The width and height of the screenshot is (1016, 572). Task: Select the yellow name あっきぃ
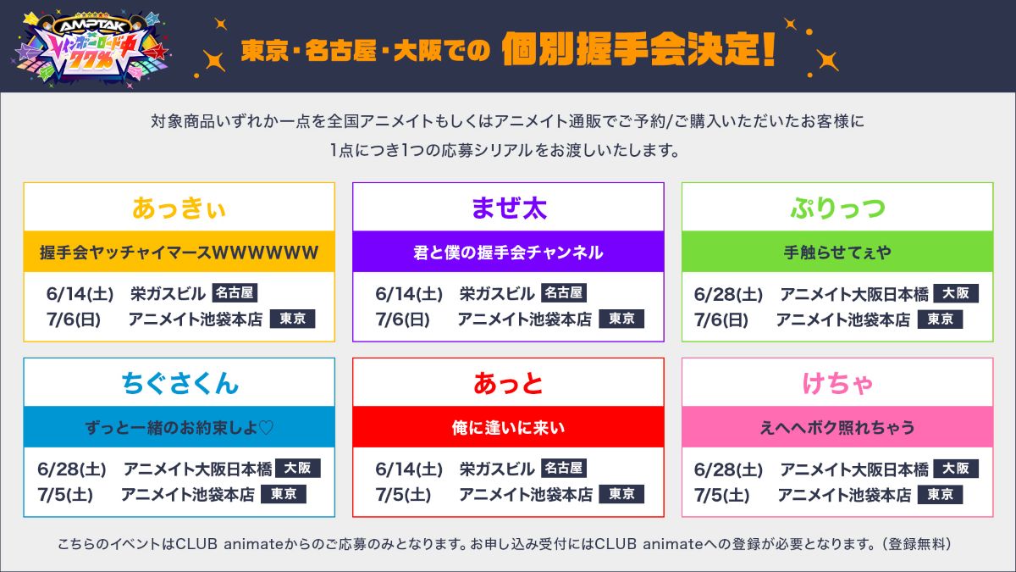coord(179,208)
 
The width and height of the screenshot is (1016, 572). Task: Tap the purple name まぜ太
coord(508,208)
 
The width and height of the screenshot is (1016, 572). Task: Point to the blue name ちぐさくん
coord(179,383)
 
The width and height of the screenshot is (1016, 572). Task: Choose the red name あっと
coord(508,383)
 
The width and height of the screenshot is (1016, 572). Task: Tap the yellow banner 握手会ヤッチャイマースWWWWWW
coord(179,252)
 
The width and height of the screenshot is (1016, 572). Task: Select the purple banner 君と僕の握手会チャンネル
coord(508,252)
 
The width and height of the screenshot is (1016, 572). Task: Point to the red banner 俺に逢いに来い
coord(508,427)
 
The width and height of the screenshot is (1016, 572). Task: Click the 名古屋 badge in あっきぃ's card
coord(235,293)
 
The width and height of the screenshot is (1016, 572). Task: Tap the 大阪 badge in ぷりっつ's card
coord(956,293)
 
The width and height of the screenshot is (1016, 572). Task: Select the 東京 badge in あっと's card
coord(621,494)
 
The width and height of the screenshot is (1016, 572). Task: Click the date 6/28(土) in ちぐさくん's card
coord(72,469)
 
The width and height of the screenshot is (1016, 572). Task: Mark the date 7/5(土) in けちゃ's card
coord(722,495)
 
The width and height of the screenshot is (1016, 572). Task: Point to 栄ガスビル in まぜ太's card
coord(497,294)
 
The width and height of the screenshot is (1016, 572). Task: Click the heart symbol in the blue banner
coord(265,427)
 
